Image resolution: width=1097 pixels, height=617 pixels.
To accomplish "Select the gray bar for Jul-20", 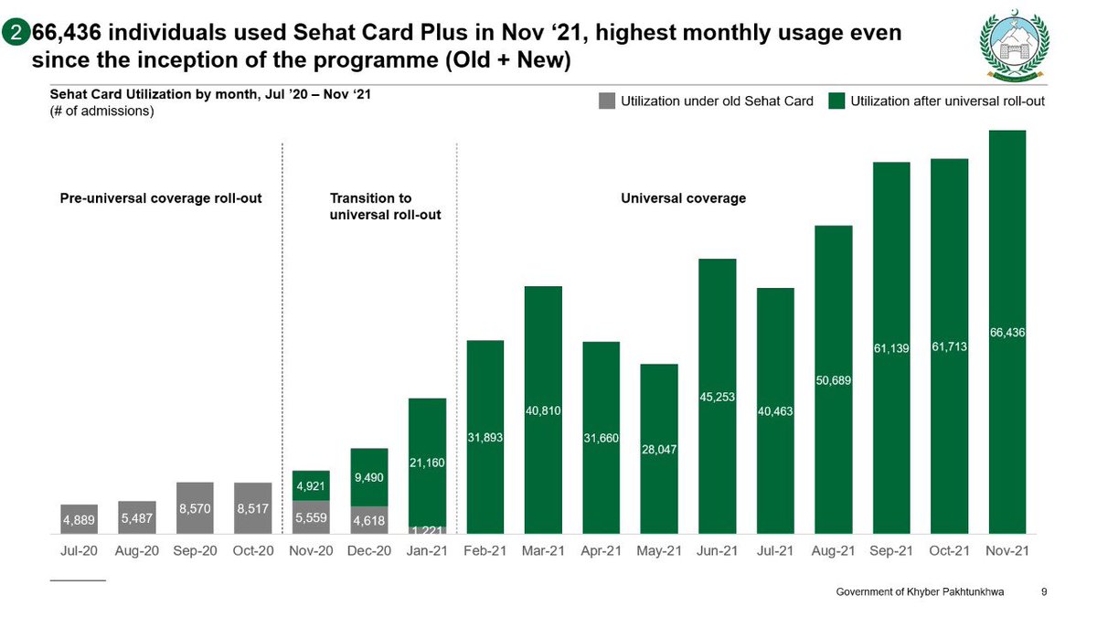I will (x=80, y=518).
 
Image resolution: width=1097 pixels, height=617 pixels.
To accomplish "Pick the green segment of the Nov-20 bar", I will (x=311, y=485).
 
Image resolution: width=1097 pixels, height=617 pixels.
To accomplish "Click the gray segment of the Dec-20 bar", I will (x=369, y=519).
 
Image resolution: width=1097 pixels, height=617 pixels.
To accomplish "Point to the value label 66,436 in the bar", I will (x=1006, y=334).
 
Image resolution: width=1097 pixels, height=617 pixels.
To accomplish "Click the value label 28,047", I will (x=658, y=451).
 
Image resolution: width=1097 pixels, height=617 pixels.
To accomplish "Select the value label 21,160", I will (x=427, y=463).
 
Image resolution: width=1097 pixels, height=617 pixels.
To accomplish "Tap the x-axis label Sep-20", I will (x=195, y=551).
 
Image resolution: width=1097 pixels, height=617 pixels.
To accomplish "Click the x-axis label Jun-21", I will (x=717, y=551).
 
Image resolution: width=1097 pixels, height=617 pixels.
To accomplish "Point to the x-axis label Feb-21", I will (x=485, y=551).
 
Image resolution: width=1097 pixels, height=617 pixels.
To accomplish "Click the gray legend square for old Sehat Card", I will (x=607, y=101).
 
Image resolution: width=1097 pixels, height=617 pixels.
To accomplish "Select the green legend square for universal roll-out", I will (x=836, y=101).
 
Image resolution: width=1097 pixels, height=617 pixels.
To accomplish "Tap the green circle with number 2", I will (x=16, y=34).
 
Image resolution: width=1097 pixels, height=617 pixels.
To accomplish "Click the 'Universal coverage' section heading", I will (x=683, y=198).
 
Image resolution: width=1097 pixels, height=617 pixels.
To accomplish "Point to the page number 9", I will (x=1044, y=592).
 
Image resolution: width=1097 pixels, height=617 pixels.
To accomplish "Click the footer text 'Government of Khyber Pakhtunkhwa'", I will (x=920, y=592).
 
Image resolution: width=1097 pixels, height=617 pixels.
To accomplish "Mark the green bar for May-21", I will (x=658, y=402).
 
